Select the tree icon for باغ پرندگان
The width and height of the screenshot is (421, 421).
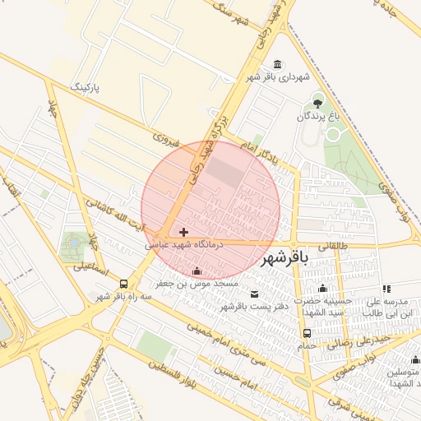(318, 103)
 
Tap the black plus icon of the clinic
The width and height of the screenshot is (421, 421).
(183, 232)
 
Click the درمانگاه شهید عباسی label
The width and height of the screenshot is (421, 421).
(178, 244)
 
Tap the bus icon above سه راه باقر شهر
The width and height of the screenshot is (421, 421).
(123, 284)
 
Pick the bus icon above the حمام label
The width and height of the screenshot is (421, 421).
(307, 333)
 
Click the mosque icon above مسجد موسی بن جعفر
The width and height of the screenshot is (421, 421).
(196, 271)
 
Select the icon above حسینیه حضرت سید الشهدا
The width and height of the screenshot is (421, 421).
(323, 289)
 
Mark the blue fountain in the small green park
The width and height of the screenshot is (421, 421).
(76, 243)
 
